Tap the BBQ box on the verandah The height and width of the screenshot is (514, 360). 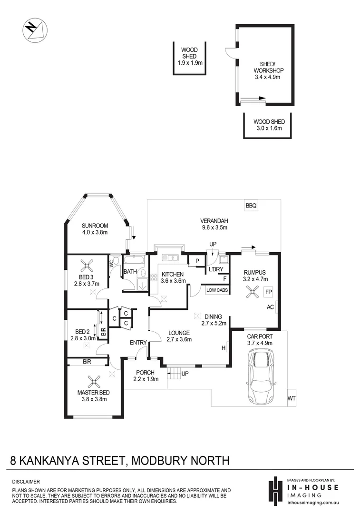coord(251,206)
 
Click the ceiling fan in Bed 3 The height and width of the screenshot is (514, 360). coord(87,266)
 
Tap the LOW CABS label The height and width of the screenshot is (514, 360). coord(217,289)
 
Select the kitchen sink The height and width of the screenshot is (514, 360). coord(170,258)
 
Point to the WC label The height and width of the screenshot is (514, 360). coord(113,262)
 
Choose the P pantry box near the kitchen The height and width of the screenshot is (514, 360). coord(196,260)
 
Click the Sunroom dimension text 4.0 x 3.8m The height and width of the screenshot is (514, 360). coord(95,233)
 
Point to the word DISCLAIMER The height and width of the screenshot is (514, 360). coord(26,482)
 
